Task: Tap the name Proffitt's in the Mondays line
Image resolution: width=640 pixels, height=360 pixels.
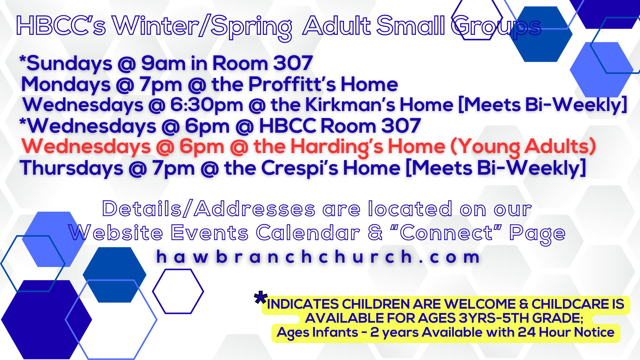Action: (292, 84)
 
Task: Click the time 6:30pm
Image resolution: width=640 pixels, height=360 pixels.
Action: (207, 105)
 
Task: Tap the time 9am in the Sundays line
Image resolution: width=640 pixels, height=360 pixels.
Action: (163, 63)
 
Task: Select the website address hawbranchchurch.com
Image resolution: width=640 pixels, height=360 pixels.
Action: (318, 257)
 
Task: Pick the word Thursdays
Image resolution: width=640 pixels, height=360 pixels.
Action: (72, 168)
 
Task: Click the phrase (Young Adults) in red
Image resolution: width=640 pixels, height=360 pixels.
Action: (523, 147)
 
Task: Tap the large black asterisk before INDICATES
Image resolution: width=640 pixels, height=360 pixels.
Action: (261, 298)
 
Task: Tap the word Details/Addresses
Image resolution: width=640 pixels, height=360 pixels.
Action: (209, 209)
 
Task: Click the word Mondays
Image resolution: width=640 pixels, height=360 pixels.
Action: (66, 85)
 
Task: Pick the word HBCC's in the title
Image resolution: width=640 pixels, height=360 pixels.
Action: (61, 26)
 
